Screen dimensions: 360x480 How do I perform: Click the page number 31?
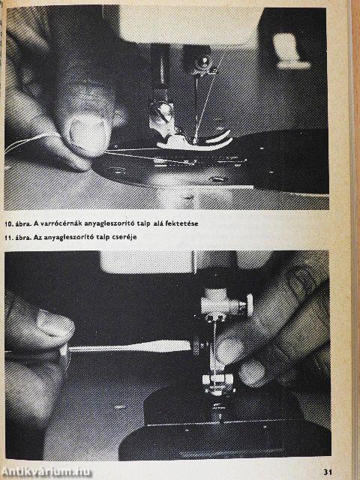point(328,472)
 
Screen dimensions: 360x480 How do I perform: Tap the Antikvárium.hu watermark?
point(46,472)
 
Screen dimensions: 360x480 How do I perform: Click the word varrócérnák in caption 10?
point(53,223)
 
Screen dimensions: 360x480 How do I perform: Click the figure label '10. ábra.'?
point(17,223)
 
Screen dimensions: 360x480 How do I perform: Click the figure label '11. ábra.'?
point(17,237)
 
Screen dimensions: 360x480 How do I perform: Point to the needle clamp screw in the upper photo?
point(202,63)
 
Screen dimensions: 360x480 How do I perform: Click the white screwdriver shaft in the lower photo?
point(129,346)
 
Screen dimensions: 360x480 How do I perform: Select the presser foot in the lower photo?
point(218,383)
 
